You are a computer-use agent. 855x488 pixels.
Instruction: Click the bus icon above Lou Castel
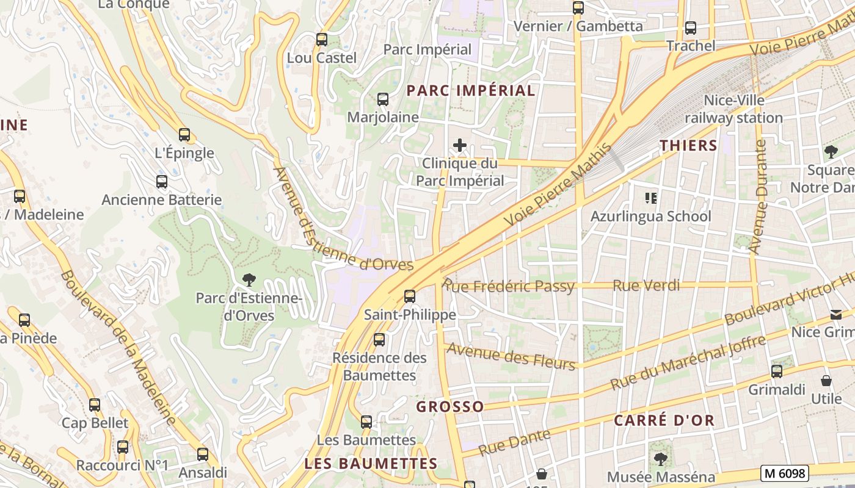pyautogui.click(x=322, y=40)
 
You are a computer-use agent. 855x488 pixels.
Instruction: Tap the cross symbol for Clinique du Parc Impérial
pyautogui.click(x=460, y=145)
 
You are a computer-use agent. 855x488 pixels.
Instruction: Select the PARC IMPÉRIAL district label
pyautogui.click(x=470, y=91)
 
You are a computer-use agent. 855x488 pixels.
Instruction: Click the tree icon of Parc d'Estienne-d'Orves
pyautogui.click(x=249, y=280)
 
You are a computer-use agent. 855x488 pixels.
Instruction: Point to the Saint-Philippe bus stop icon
pyautogui.click(x=410, y=296)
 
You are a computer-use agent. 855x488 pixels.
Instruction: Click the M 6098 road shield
pyautogui.click(x=785, y=473)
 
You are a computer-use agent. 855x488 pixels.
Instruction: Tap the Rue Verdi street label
pyautogui.click(x=646, y=285)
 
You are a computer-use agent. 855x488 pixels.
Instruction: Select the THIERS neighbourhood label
pyautogui.click(x=688, y=145)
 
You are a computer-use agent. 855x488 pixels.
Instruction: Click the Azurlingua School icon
pyautogui.click(x=651, y=198)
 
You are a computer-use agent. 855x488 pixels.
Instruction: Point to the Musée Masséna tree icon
pyautogui.click(x=660, y=458)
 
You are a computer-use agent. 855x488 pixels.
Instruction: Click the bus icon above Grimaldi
pyautogui.click(x=777, y=371)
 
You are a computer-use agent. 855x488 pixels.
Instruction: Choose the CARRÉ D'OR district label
pyautogui.click(x=664, y=420)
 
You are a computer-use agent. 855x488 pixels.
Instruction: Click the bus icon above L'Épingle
pyautogui.click(x=184, y=135)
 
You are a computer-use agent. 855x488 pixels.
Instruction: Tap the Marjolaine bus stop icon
pyautogui.click(x=383, y=99)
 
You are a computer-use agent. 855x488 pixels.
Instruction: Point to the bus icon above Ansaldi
pyautogui.click(x=203, y=454)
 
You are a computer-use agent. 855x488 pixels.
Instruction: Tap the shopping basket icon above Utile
pyautogui.click(x=826, y=381)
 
